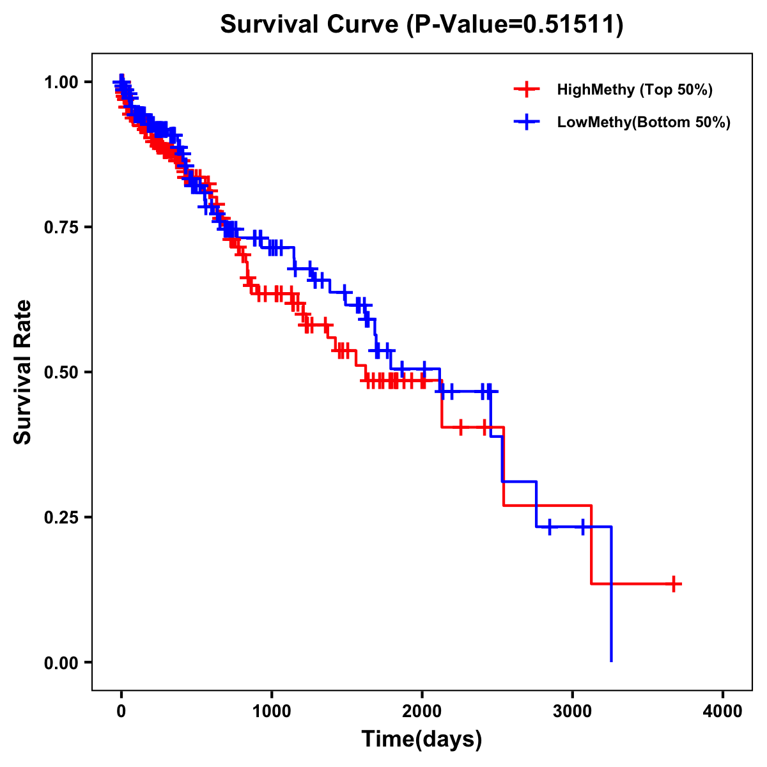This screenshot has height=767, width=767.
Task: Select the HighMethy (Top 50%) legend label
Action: pos(635,89)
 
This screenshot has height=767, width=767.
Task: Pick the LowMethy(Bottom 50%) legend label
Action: pos(644,122)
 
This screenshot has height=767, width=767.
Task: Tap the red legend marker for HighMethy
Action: pos(527,89)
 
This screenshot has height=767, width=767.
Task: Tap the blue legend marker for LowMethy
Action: pos(527,122)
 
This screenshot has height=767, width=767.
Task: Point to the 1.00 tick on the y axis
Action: pos(60,82)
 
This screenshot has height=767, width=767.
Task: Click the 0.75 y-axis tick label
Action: pos(60,228)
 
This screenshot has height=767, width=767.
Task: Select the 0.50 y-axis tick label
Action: pos(60,373)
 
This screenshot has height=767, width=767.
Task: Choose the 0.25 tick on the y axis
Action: pos(60,518)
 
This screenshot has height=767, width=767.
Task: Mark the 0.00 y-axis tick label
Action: pos(60,663)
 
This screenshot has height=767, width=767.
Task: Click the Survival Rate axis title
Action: pos(23,372)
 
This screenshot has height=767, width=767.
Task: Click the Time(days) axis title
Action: pos(422,740)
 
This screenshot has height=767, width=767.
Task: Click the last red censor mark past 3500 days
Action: pos(674,584)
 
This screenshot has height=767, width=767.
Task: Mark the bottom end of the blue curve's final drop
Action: pos(612,660)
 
